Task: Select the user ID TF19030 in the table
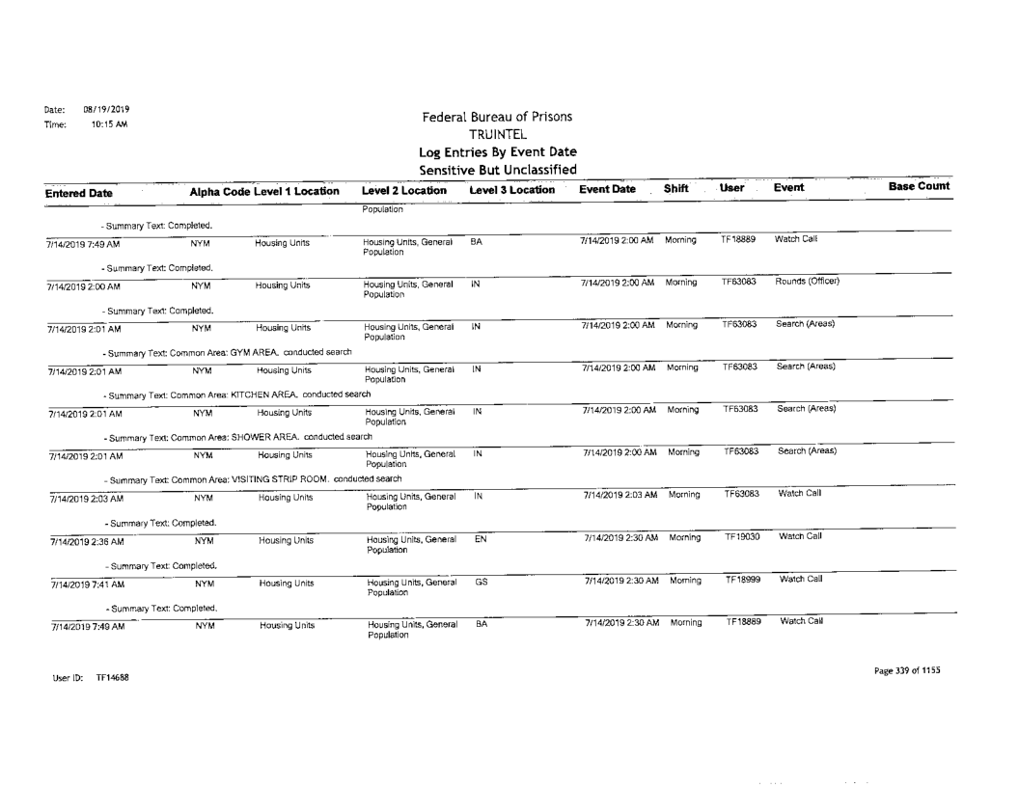tap(740, 535)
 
